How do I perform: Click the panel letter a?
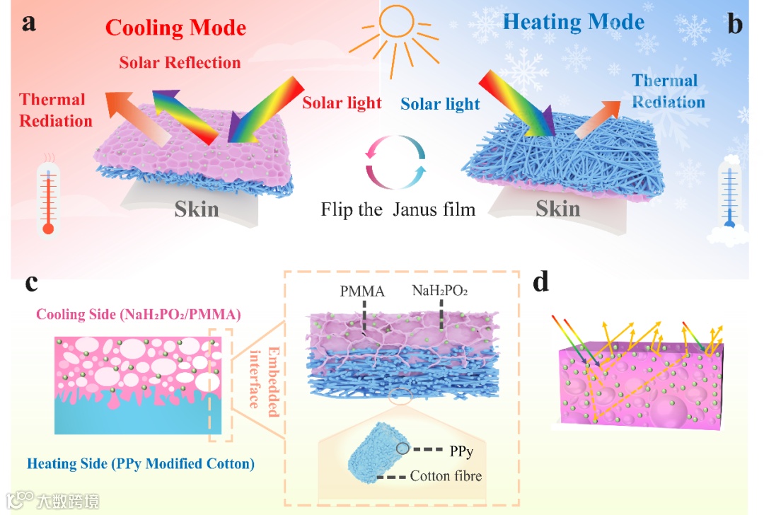29,23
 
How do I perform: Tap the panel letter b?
735,25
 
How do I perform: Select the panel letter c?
31,283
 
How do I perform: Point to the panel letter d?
541,283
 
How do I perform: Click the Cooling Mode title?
175,28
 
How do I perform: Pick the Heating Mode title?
573,22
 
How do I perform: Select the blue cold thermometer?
730,195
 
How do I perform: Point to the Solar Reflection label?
180,62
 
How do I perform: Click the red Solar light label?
342,103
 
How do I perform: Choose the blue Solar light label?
440,105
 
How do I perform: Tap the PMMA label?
361,290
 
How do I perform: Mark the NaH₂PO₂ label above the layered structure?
441,290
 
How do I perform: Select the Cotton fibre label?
446,476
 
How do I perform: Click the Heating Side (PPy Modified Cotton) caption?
140,464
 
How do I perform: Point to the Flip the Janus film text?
398,209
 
